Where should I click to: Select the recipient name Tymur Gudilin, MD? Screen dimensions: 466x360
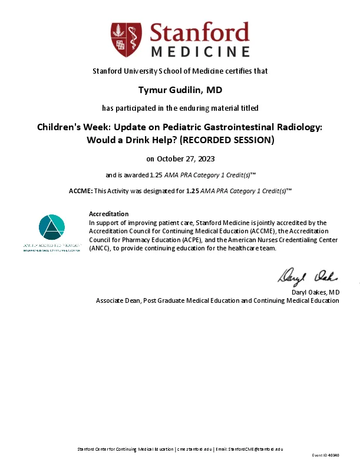(180, 89)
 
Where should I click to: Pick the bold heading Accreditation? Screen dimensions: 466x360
(108, 213)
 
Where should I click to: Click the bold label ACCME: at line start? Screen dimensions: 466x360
(81, 191)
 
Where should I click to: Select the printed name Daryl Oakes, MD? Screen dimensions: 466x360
(316, 292)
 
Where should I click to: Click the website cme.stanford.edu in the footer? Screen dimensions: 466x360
(194, 449)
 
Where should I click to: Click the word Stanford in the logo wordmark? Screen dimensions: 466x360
(200, 32)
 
